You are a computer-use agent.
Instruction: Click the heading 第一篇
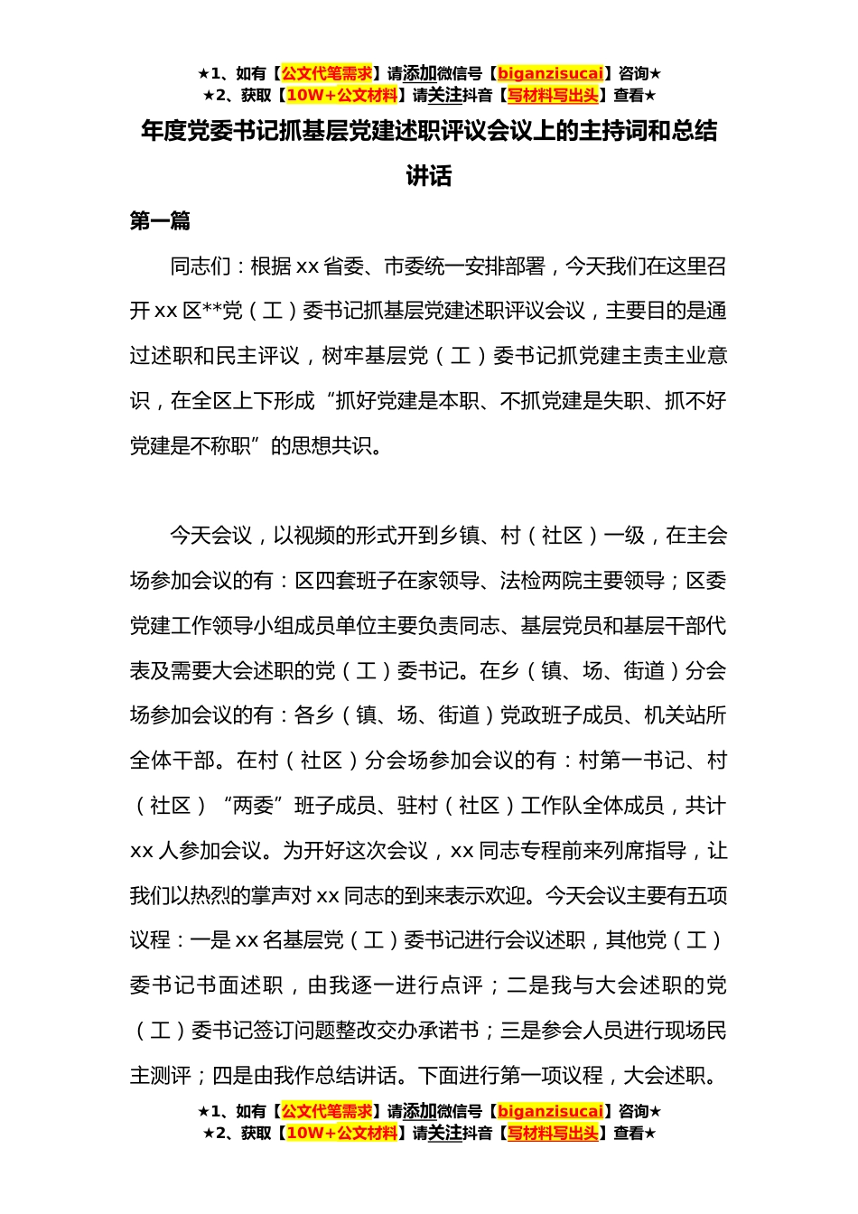(160, 221)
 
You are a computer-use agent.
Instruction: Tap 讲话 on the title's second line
(429, 176)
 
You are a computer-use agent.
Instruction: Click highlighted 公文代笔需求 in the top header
(327, 73)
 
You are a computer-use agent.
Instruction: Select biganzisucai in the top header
(550, 73)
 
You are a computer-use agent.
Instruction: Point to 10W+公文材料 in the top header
(341, 95)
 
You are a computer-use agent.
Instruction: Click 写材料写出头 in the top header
(553, 95)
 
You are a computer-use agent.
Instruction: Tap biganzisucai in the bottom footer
(550, 1111)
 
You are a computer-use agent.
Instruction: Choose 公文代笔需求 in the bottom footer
(327, 1111)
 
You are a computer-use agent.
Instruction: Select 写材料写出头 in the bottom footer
(553, 1133)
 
